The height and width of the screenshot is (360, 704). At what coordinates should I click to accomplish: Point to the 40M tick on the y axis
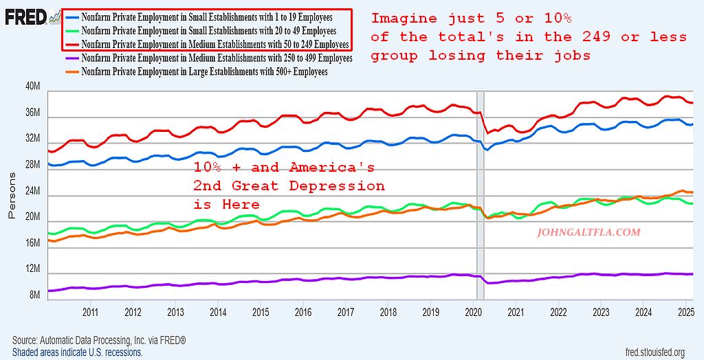[x=34, y=87]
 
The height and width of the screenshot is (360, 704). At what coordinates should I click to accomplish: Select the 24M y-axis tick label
[x=34, y=191]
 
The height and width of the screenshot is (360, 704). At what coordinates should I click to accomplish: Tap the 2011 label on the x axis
[x=90, y=313]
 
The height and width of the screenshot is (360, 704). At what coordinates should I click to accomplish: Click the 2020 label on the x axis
[x=474, y=313]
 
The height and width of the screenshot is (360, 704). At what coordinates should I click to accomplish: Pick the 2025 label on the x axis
[x=685, y=313]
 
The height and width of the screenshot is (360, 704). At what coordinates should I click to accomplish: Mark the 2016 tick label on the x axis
[x=303, y=313]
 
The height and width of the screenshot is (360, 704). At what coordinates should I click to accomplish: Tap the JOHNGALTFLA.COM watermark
[x=588, y=232]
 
